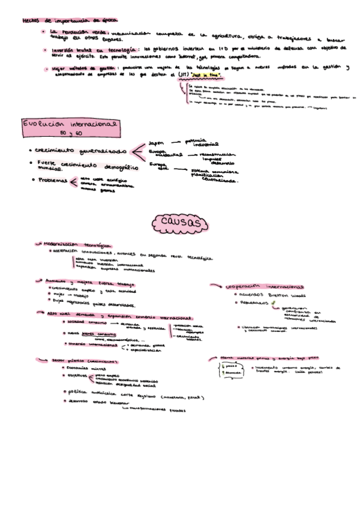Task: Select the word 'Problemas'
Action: point(52,180)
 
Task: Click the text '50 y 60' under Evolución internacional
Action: point(71,133)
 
